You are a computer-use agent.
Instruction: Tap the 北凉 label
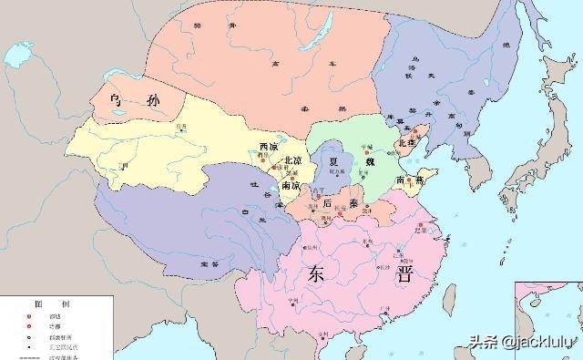293,161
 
